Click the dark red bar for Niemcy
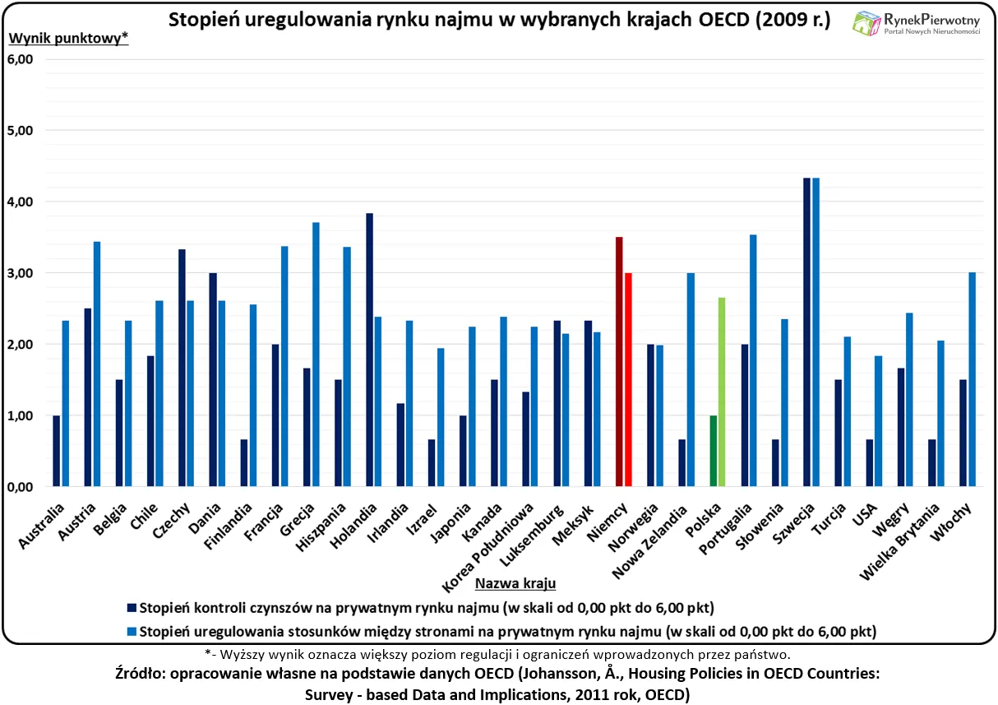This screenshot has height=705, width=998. [x=619, y=362]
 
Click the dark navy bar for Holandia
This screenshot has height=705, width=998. [x=369, y=350]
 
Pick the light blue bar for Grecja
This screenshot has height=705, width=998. [x=316, y=355]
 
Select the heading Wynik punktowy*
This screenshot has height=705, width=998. [x=68, y=38]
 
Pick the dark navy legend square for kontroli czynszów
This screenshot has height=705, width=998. [x=132, y=608]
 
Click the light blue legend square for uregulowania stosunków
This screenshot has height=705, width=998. [x=132, y=632]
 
